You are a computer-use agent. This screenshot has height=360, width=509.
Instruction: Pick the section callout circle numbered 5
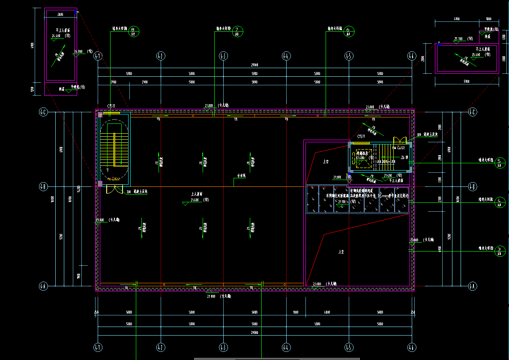pos(499,162)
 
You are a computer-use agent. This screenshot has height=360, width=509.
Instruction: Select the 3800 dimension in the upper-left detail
pos(60,15)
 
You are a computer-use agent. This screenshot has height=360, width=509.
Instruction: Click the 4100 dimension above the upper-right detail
pos(456,19)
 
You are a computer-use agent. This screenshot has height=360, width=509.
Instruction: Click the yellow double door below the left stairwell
pos(114,189)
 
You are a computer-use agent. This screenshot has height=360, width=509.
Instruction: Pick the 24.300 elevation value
pos(78,51)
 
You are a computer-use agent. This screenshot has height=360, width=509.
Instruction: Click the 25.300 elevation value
pos(458,39)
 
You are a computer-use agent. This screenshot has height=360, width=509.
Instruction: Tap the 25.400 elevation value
pos(476,55)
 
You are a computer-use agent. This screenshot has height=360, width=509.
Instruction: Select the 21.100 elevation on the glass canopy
pos(341,201)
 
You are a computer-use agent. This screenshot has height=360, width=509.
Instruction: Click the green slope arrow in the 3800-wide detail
pos(58,56)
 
